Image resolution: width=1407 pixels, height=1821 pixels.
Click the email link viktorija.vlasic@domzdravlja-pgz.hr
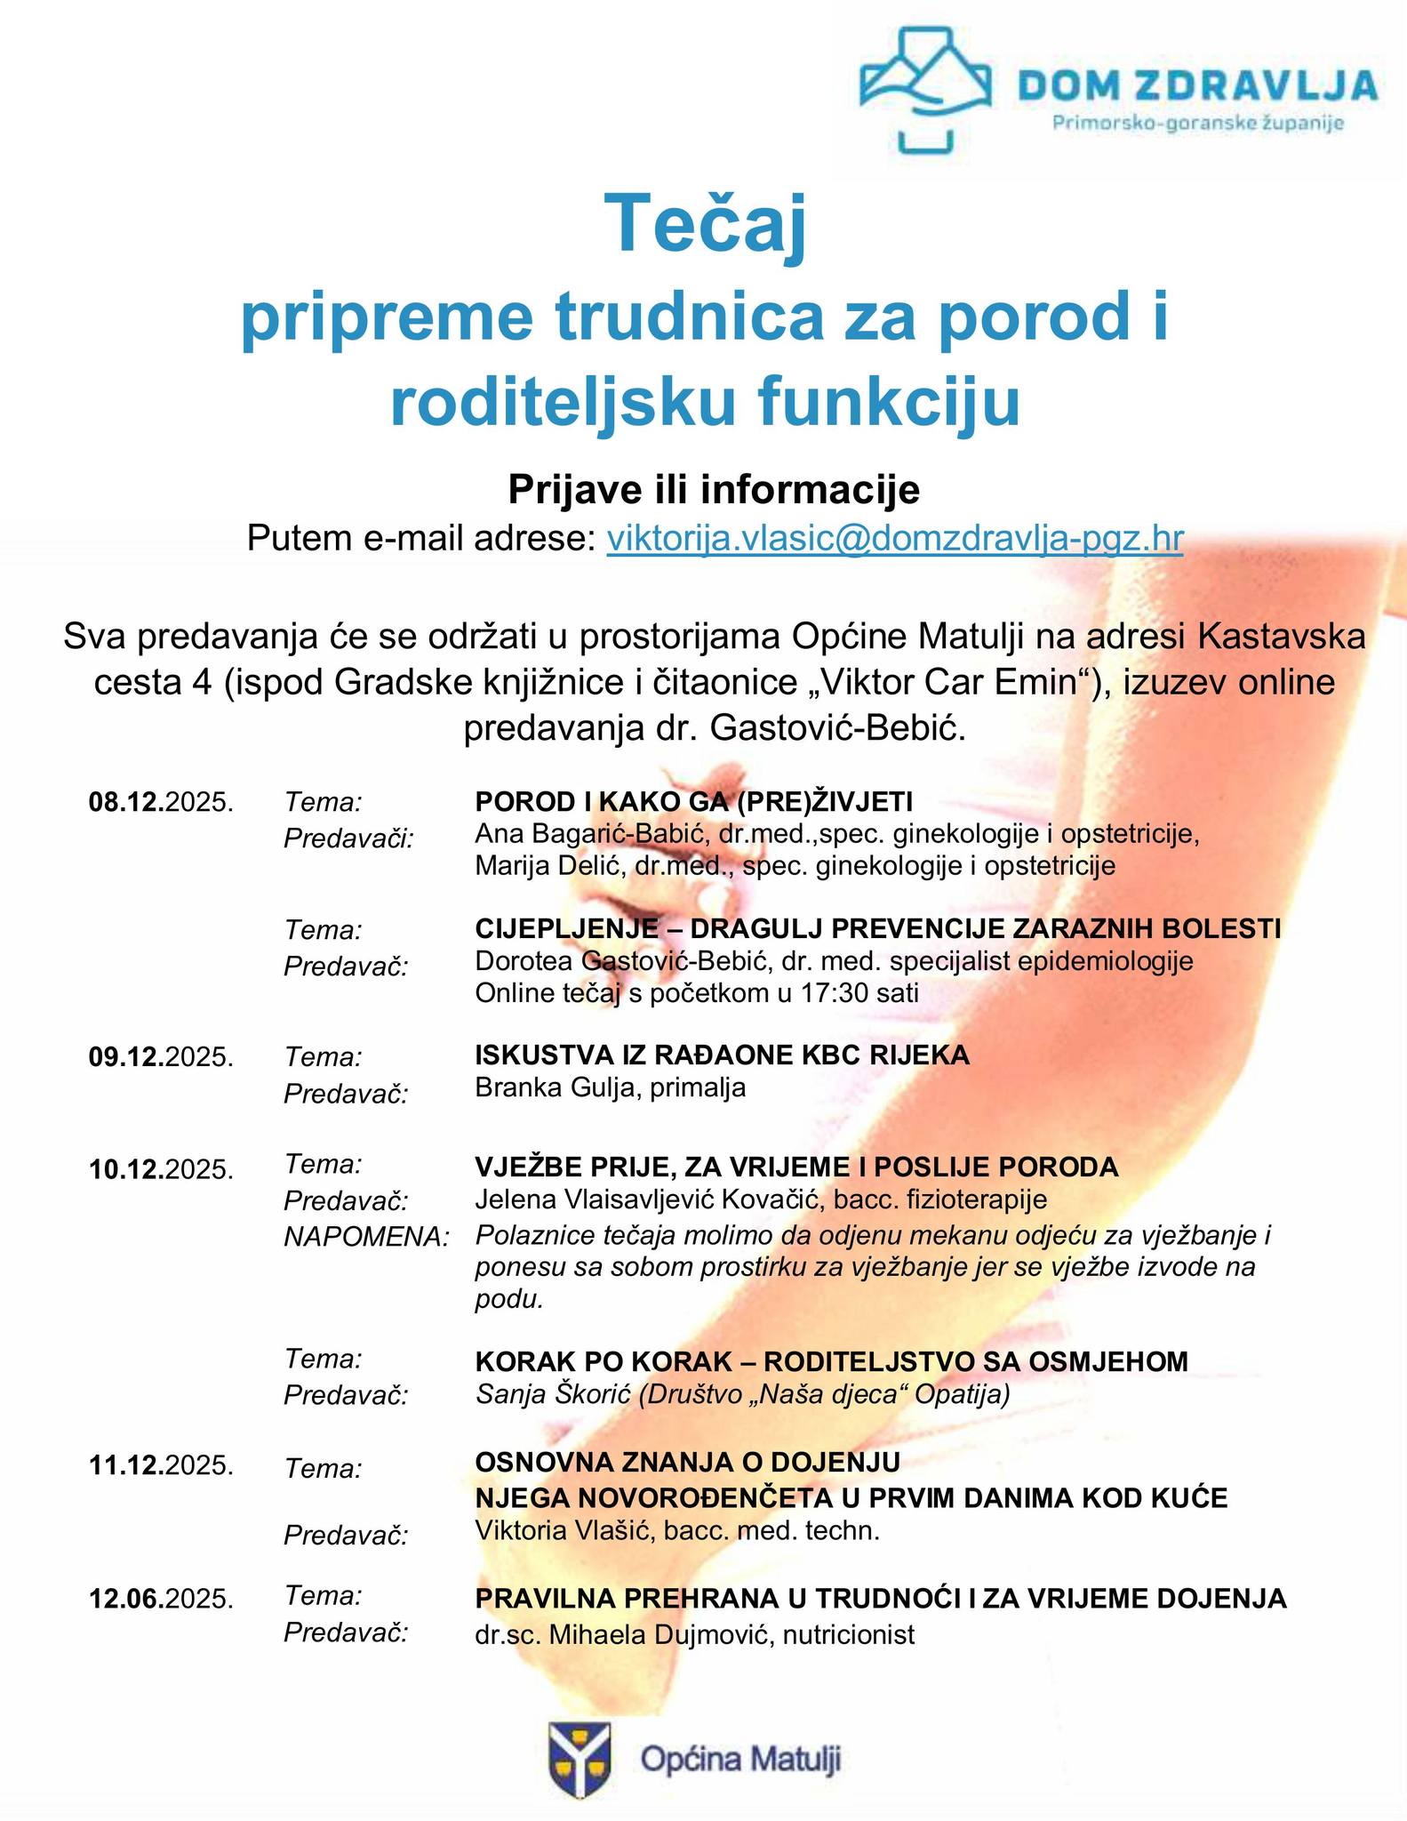[894, 539]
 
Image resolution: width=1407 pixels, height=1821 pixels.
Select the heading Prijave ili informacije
[714, 489]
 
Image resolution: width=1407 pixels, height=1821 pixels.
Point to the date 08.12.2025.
[161, 802]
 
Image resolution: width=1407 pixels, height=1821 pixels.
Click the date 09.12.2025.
[161, 1057]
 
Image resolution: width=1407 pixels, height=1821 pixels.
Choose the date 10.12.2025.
[161, 1168]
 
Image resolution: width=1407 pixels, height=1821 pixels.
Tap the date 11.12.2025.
[161, 1464]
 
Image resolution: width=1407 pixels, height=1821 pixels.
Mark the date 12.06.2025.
[161, 1599]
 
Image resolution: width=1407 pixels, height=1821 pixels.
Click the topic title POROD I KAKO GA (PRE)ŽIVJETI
[693, 802]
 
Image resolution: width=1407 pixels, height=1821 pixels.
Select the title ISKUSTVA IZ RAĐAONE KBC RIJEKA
[722, 1055]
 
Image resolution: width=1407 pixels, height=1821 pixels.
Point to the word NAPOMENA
[366, 1237]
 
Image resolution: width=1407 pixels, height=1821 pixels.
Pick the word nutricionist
[848, 1634]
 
